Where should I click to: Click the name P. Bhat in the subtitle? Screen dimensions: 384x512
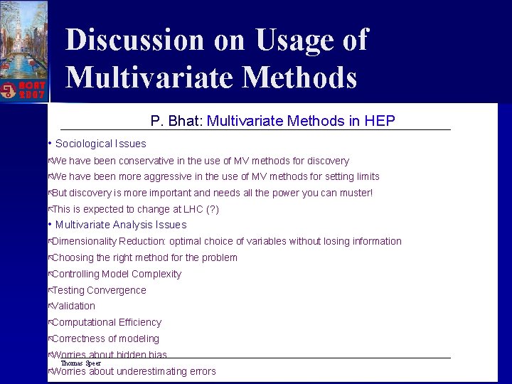(176, 121)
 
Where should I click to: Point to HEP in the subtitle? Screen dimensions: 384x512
(380, 121)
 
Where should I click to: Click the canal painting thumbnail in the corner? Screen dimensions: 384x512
(24, 36)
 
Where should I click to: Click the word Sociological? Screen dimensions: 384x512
(83, 144)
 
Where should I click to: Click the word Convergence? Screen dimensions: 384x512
(117, 290)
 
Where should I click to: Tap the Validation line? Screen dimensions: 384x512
(73, 306)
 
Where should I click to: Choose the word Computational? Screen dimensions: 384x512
(83, 322)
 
